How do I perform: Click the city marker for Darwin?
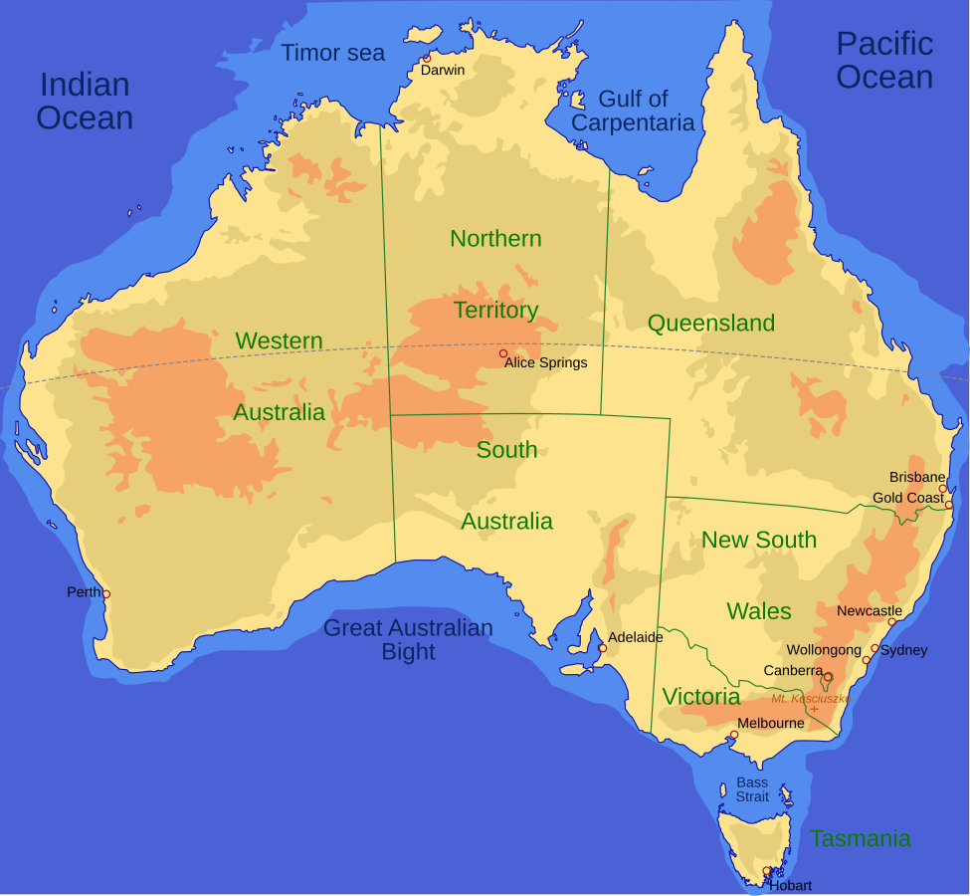[427, 58]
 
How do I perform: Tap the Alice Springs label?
[545, 363]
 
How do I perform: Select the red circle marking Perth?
[106, 594]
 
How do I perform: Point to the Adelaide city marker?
[602, 648]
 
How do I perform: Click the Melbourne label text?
[770, 723]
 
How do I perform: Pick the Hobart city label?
[790, 885]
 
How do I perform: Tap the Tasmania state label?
[860, 838]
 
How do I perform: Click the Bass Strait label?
[752, 789]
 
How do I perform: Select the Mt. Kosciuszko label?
[810, 699]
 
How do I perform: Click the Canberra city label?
[793, 671]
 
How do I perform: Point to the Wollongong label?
[824, 650]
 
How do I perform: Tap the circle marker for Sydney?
[875, 648]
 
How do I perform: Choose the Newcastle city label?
[870, 611]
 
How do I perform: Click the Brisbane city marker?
[943, 489]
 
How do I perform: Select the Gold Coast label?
[907, 498]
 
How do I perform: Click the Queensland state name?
[710, 324]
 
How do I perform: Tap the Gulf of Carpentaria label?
[633, 111]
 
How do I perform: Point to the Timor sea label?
[332, 53]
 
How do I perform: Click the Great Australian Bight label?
[408, 639]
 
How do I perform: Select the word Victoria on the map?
[701, 697]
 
